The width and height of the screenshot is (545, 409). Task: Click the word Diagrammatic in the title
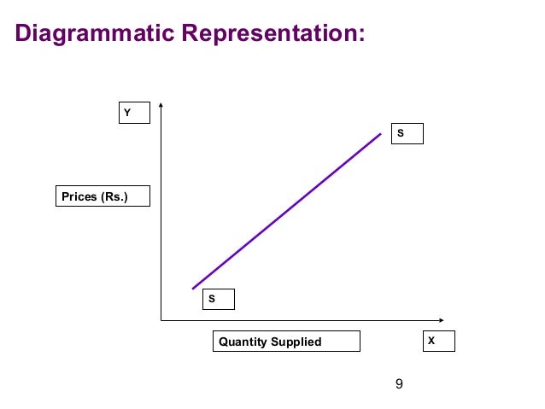pyautogui.click(x=95, y=33)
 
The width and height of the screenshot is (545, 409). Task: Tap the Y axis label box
pyautogui.click(x=134, y=113)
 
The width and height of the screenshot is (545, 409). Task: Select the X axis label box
pyautogui.click(x=439, y=341)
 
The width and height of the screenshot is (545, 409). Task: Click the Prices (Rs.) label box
pyautogui.click(x=103, y=196)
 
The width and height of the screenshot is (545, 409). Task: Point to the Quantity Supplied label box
pyautogui.click(x=286, y=342)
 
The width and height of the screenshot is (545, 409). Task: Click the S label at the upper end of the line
pyautogui.click(x=407, y=133)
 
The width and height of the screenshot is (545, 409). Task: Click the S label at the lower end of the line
pyautogui.click(x=218, y=300)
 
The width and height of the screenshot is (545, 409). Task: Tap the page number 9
pyautogui.click(x=399, y=384)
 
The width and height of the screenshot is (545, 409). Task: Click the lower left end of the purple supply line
pyautogui.click(x=193, y=289)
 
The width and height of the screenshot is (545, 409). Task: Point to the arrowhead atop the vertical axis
pyautogui.click(x=161, y=106)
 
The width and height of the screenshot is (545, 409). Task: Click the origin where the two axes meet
pyautogui.click(x=161, y=320)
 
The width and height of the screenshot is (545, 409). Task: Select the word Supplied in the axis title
pyautogui.click(x=297, y=342)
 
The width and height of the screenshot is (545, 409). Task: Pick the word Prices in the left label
pyautogui.click(x=79, y=196)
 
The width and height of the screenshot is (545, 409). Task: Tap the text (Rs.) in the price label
pyautogui.click(x=114, y=196)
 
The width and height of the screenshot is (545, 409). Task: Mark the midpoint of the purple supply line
pyautogui.click(x=287, y=211)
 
